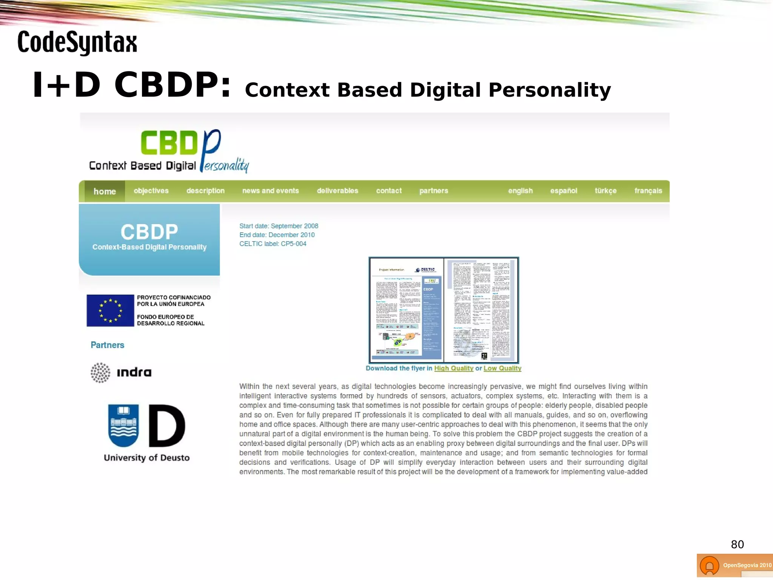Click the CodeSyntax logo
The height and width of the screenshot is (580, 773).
pos(77,42)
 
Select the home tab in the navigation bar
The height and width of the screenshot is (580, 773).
pos(105,191)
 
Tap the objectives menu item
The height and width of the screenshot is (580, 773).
pos(151,191)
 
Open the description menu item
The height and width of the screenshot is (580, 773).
pos(205,191)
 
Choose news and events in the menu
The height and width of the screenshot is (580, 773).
pos(270,191)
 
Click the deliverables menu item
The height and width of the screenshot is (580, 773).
pos(337,191)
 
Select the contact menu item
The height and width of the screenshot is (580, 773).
pos(389,191)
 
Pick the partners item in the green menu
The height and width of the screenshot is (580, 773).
pos(434,191)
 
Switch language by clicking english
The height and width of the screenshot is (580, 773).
pos(520,191)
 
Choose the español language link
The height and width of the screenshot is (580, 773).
pos(564,191)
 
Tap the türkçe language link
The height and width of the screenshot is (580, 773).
pos(605,191)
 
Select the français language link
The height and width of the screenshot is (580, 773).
pos(648,191)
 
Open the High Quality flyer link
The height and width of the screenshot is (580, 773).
pos(454,368)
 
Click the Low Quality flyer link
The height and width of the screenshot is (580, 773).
pos(502,368)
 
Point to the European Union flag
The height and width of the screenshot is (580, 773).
pos(110,310)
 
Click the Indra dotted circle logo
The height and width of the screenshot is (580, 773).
pos(100,373)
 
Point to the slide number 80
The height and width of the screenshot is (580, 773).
pos(737,544)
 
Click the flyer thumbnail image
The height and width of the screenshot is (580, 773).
pos(443,310)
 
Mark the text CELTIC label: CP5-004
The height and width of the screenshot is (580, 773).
pos(273,244)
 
